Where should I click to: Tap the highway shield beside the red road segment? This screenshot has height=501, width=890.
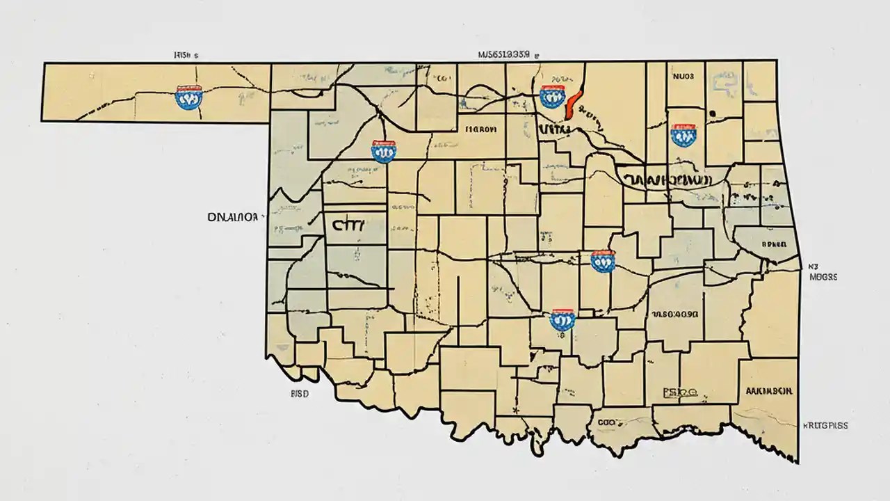coord(550,96)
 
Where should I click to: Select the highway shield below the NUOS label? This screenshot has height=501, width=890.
coord(683,134)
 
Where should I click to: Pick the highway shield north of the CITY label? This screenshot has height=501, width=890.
coord(383,150)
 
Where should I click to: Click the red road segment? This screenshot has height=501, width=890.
coord(572,103)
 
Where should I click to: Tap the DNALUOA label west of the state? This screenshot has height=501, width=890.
coord(233,217)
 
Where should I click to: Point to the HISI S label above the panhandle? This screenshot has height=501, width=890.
coord(186,54)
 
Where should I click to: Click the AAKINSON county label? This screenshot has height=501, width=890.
coord(768,391)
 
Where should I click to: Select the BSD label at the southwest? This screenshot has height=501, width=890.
coord(299,393)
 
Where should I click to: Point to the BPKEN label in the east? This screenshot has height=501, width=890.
coord(773,245)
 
